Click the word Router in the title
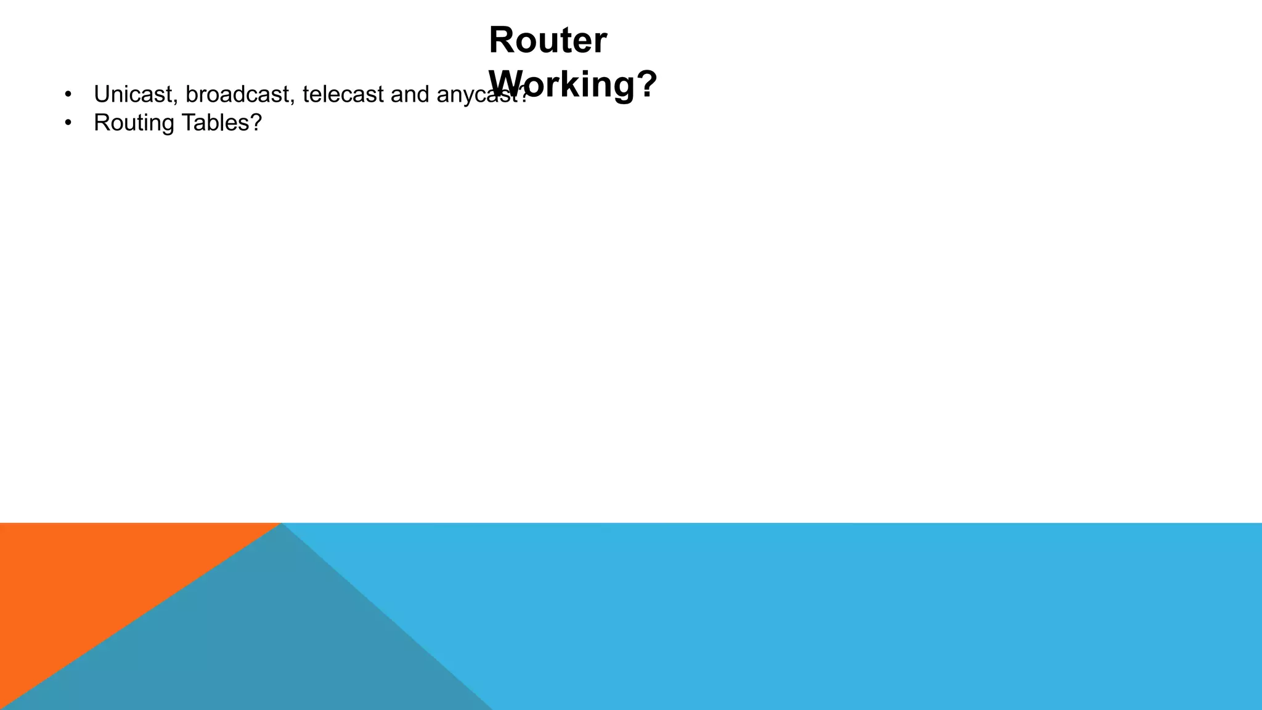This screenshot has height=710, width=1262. (x=548, y=41)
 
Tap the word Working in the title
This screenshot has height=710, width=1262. (x=561, y=84)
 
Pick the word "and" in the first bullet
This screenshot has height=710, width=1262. (x=410, y=94)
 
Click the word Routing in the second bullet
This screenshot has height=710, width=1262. (x=134, y=123)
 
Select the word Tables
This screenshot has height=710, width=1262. (x=213, y=123)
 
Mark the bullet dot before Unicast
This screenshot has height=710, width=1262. (x=68, y=95)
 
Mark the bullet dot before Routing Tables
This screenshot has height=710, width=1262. (x=68, y=123)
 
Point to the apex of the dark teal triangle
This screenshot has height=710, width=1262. (x=282, y=525)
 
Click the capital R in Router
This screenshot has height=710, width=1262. (x=502, y=41)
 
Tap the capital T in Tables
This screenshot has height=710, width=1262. (x=185, y=123)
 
